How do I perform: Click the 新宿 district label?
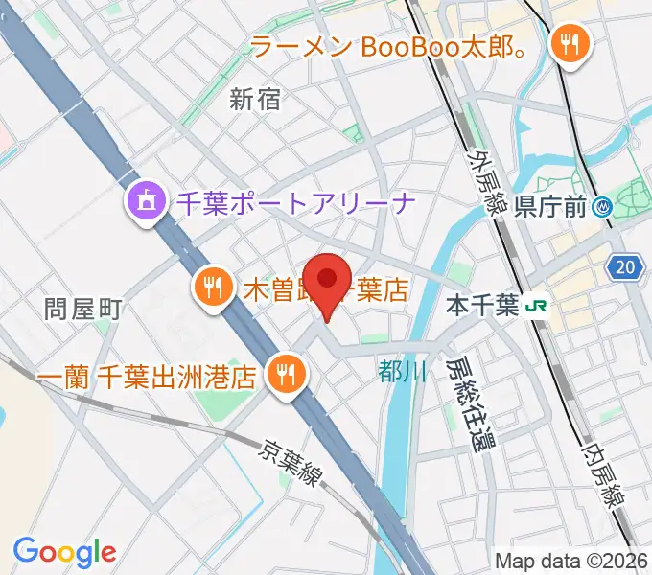tap(256, 99)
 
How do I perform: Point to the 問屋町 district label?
tap(82, 309)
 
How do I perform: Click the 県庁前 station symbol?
tap(603, 205)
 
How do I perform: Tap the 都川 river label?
tap(402, 372)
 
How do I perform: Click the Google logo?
tap(64, 551)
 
